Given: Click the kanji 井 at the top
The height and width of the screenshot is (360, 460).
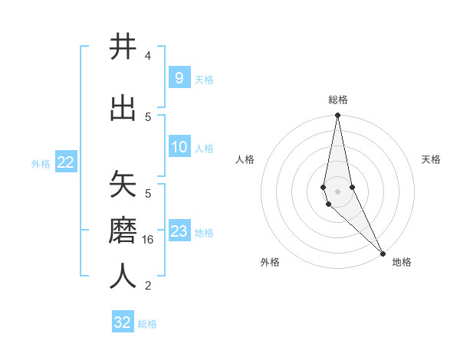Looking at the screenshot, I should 123,47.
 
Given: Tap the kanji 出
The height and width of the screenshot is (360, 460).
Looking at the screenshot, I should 123,107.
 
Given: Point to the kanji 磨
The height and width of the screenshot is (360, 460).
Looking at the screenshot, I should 123,230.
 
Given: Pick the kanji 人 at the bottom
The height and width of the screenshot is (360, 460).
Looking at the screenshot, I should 123,276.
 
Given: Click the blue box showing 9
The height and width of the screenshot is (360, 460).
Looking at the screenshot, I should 179,77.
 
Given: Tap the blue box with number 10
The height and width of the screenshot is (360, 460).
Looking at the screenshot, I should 179,147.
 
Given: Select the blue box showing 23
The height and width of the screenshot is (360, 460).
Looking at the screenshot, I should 179,231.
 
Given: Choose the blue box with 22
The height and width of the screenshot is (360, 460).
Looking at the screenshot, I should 65,162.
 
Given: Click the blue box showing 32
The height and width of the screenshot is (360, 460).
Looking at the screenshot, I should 123,322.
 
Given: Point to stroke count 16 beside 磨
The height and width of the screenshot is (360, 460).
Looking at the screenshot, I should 149,240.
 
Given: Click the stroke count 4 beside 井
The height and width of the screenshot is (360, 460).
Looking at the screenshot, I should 148,56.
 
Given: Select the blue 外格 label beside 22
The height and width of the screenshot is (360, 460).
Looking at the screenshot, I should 41,163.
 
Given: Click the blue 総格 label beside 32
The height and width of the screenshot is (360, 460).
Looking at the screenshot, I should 147,324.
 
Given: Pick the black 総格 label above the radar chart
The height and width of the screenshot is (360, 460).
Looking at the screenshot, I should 338,100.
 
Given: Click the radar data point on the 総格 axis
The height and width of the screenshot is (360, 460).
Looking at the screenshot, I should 337,116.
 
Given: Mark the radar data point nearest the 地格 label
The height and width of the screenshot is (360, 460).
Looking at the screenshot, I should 383,252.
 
